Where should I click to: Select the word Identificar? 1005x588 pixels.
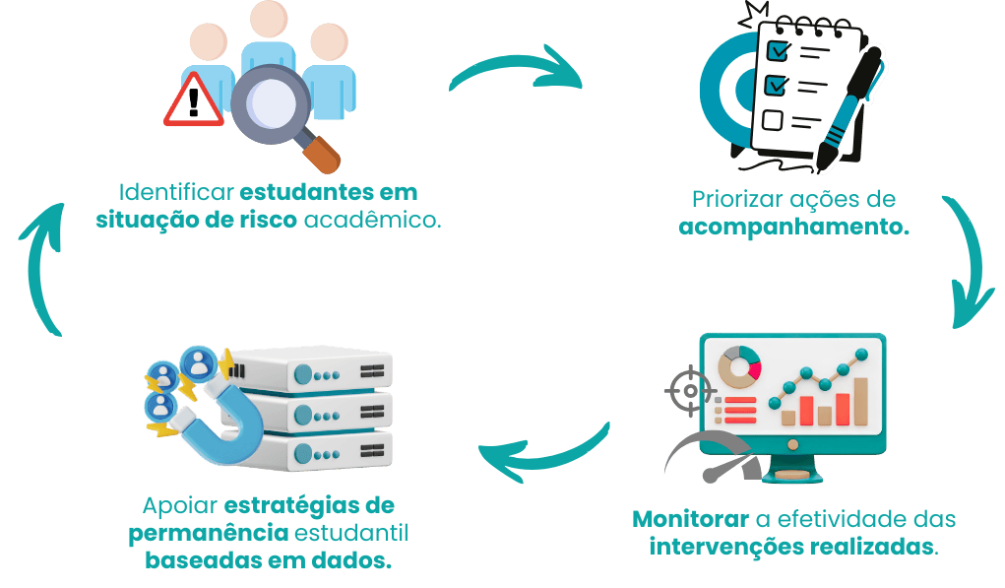(175, 190)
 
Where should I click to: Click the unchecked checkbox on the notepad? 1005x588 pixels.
(773, 121)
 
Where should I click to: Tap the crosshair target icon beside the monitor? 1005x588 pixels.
(687, 391)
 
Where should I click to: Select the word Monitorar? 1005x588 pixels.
(689, 518)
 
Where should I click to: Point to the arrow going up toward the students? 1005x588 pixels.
(40, 266)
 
